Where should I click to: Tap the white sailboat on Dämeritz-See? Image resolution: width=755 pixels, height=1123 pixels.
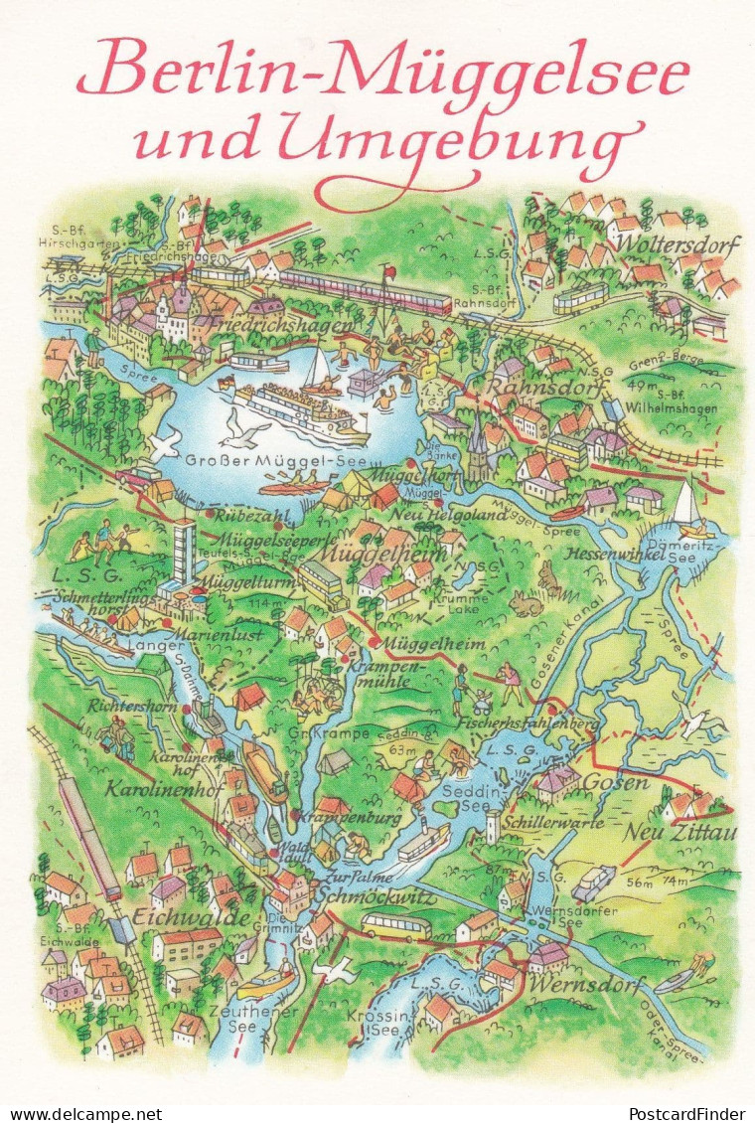(686, 506)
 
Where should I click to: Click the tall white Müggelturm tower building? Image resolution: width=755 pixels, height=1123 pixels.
(184, 554)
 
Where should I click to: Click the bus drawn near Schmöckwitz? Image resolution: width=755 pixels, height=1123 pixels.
(395, 927)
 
